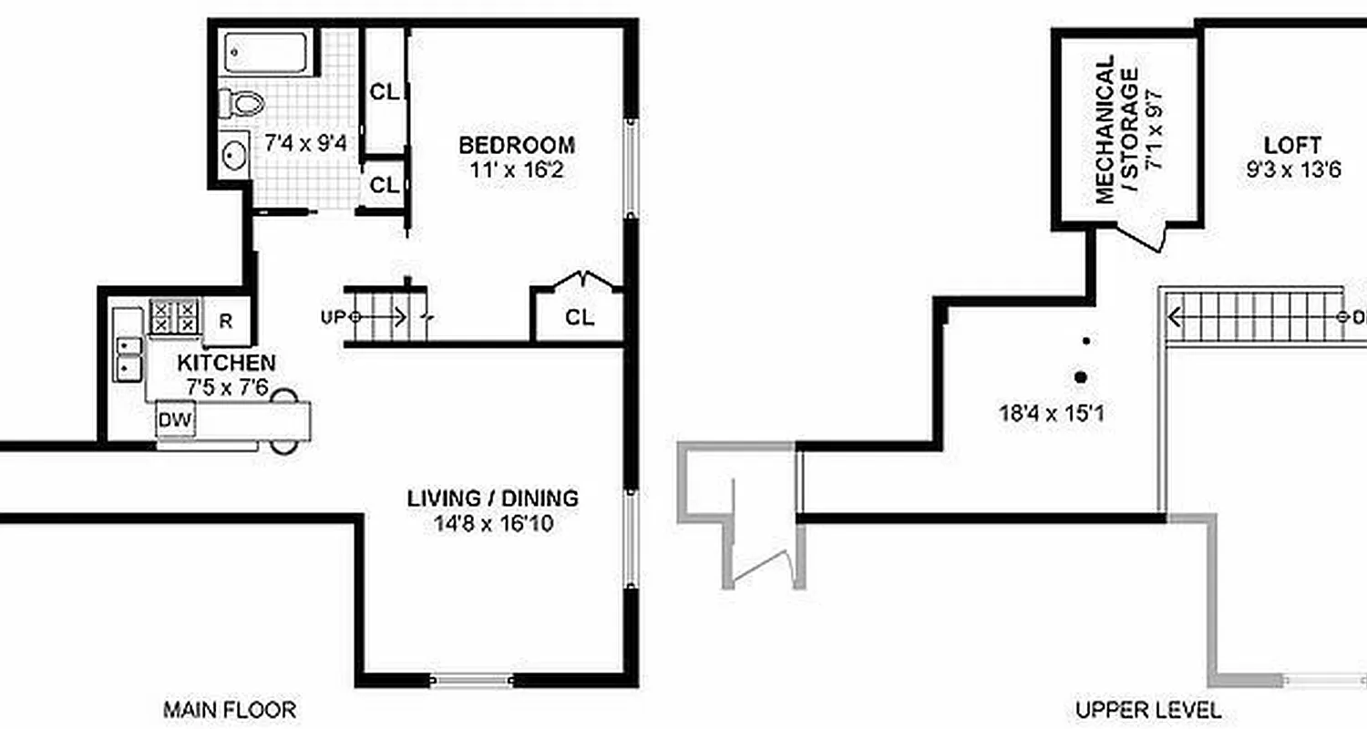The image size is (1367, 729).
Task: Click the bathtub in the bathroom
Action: [267, 54]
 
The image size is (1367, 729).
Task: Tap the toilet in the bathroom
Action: [242, 102]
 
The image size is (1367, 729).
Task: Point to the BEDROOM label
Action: [517, 145]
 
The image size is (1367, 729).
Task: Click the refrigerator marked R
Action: [226, 321]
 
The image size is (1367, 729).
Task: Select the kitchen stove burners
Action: [173, 317]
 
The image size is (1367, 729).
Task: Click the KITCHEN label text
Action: [227, 364]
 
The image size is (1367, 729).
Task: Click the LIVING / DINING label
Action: [492, 498]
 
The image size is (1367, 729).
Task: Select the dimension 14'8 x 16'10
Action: [492, 524]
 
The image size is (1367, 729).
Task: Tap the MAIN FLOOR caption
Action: [230, 709]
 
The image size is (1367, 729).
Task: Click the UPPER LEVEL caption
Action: [1148, 709]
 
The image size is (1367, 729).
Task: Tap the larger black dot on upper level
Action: [1081, 376]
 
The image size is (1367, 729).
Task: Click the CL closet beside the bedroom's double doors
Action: [580, 318]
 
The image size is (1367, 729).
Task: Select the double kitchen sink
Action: [128, 358]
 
